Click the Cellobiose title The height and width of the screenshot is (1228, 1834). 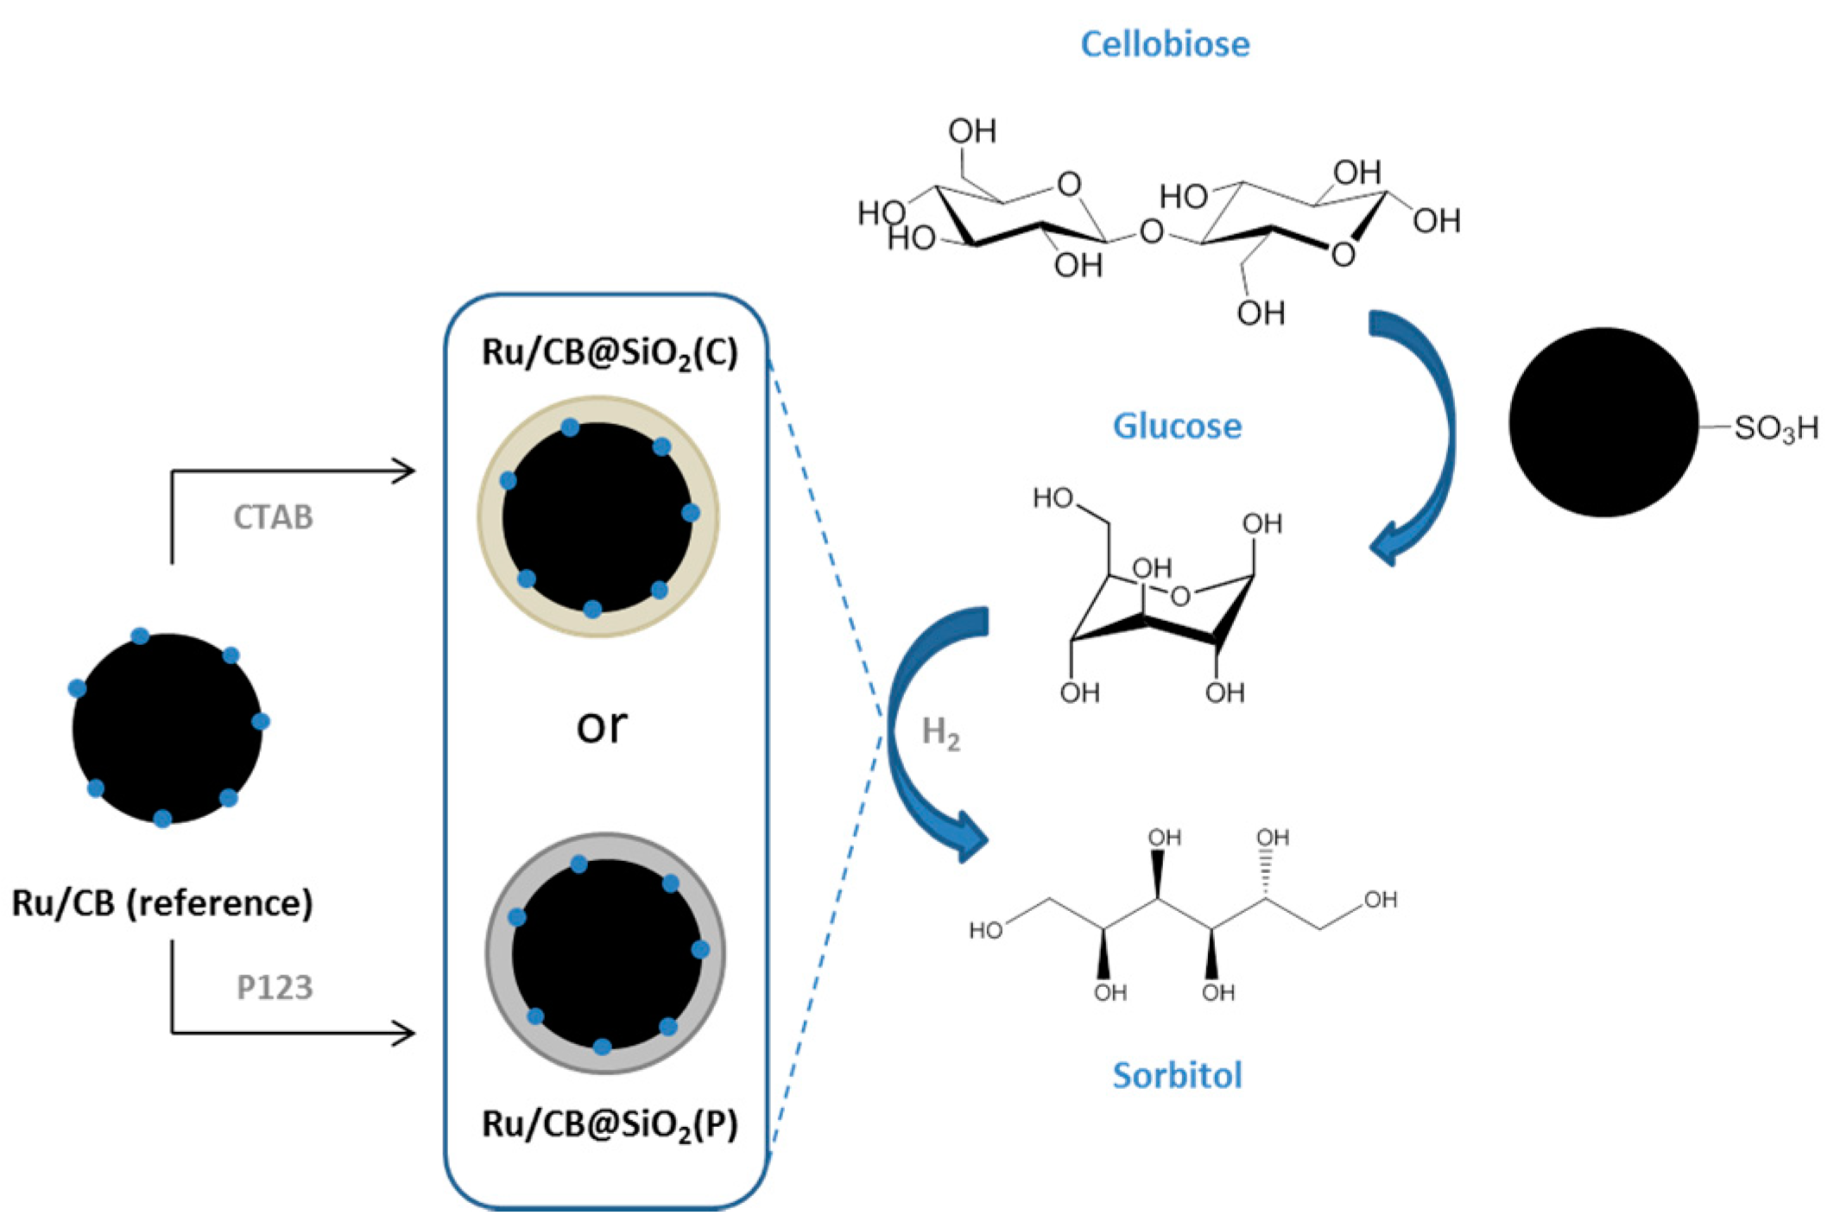click(1165, 45)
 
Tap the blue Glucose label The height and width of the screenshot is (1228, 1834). click(1177, 427)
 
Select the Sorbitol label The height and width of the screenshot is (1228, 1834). click(1177, 1076)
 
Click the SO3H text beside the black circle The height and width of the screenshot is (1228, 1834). click(1774, 428)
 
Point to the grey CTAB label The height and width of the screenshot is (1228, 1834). click(273, 517)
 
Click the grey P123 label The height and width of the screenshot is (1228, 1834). click(275, 987)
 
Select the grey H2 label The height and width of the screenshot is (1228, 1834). click(940, 733)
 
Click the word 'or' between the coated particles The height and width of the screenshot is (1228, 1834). click(602, 725)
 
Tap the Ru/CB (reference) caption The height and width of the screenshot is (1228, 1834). click(162, 903)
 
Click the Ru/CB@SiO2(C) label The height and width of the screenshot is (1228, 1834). click(610, 353)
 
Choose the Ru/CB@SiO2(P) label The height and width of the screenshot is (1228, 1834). click(610, 1124)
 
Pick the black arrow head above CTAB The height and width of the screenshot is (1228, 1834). click(406, 471)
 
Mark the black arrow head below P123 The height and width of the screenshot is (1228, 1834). click(406, 1033)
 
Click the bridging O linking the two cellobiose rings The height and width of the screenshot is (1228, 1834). click(1151, 231)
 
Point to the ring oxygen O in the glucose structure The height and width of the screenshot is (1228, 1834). click(1180, 595)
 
